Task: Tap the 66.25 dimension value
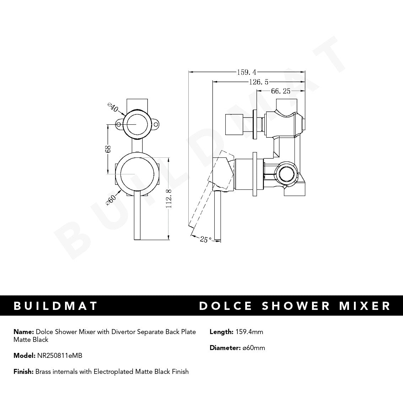pyautogui.click(x=281, y=91)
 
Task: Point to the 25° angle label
pyautogui.click(x=205, y=240)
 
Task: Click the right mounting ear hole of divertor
pyautogui.click(x=156, y=125)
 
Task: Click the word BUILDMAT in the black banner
pyautogui.click(x=56, y=306)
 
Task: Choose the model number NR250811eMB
pyautogui.click(x=59, y=355)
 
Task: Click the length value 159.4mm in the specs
pyautogui.click(x=249, y=332)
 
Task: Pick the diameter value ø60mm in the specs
pyautogui.click(x=254, y=348)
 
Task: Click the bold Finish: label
pyautogui.click(x=23, y=372)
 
